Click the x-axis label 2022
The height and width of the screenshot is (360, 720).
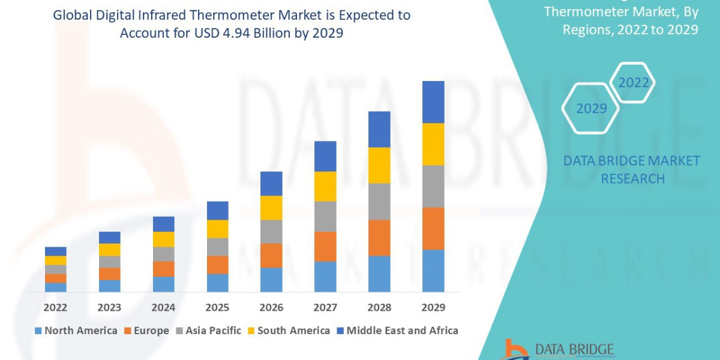pos(55,308)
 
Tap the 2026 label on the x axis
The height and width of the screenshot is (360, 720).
pos(271,308)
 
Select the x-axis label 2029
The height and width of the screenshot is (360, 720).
pos(433,308)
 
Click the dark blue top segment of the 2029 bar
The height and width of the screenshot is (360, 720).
pos(433,102)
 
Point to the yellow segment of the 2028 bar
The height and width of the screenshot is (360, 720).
pos(379,165)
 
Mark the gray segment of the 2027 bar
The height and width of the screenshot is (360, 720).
pos(325,216)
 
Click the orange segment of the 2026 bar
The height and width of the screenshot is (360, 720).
pos(271,256)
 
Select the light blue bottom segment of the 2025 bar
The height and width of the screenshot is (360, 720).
pos(217,283)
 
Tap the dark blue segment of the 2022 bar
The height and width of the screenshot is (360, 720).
pos(55,251)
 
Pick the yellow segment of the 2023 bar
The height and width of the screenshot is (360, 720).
pos(109,250)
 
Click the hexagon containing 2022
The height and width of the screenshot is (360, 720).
pos(633,83)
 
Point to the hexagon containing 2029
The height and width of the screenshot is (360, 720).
pos(590,109)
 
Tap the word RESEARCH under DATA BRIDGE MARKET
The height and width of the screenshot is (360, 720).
pos(632,179)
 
